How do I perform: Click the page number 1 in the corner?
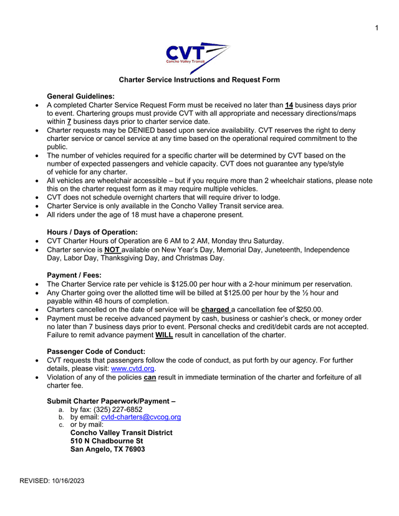[377, 27]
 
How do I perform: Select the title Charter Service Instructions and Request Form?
[199, 80]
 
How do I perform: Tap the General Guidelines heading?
[81, 96]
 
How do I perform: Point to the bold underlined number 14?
[289, 105]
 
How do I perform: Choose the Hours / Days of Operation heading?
[92, 232]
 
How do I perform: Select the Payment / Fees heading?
[74, 275]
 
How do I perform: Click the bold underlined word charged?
[215, 309]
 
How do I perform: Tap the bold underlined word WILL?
[164, 335]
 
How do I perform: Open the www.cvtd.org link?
[133, 369]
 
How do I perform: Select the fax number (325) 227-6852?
[118, 409]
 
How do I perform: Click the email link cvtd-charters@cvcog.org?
[141, 417]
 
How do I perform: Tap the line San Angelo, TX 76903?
[108, 449]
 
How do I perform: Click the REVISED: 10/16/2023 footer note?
[52, 480]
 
